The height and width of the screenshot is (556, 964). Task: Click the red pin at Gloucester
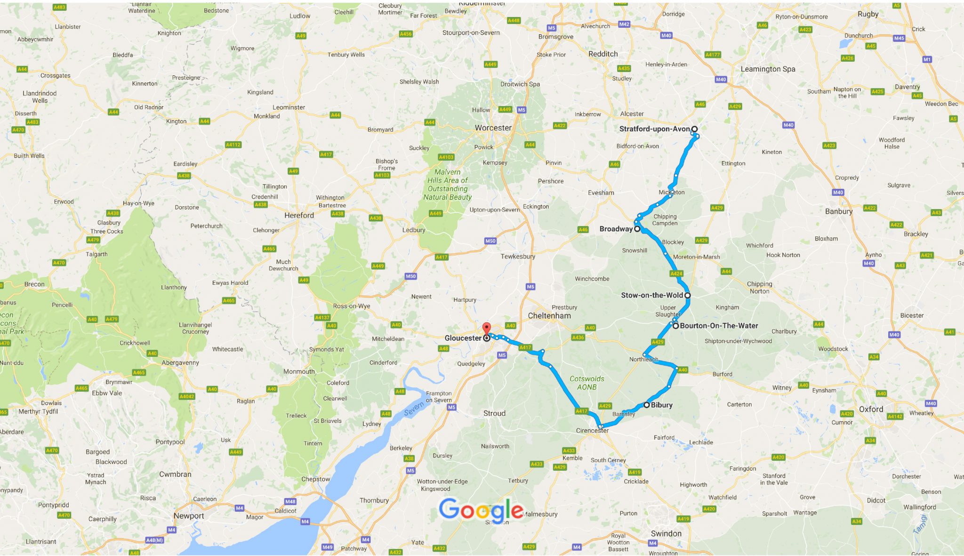[x=487, y=329]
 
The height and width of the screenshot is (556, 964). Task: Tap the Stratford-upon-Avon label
[x=654, y=129]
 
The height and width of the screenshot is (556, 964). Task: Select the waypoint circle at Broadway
[x=637, y=229]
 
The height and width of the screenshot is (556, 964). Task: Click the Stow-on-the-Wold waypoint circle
[x=687, y=295]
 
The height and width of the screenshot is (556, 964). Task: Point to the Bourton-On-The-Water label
[x=719, y=326]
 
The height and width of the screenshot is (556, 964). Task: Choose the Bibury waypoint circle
[x=647, y=405]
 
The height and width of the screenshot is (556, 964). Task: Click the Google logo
[x=481, y=509]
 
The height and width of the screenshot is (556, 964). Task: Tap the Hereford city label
[x=299, y=215]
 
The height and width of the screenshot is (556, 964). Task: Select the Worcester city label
[x=493, y=128]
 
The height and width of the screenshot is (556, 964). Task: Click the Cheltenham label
[x=549, y=315]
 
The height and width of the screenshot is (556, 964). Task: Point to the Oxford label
[x=871, y=409]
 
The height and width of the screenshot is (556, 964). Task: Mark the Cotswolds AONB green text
[x=586, y=383]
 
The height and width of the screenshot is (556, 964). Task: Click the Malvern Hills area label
[x=447, y=185]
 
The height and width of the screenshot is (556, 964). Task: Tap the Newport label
[x=189, y=516]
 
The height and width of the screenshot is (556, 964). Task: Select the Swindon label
[x=666, y=533]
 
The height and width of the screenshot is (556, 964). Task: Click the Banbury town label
[x=838, y=211]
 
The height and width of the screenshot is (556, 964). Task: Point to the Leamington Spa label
[x=768, y=69]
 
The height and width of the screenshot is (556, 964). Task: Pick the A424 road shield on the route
[x=676, y=274]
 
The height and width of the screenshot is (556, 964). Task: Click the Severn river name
[x=414, y=409]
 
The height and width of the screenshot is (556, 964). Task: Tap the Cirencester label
[x=592, y=430]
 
